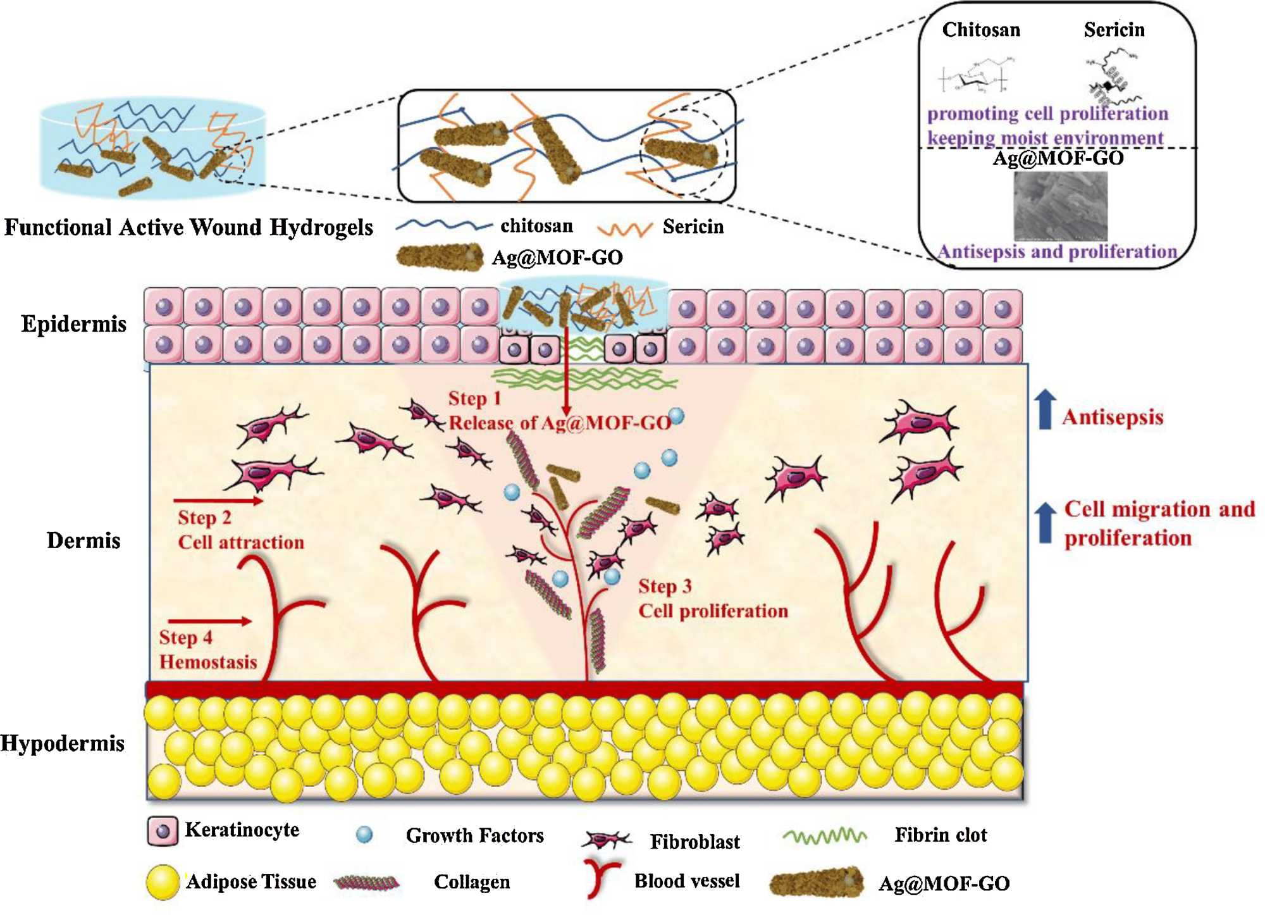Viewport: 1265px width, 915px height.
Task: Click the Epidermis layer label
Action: (74, 324)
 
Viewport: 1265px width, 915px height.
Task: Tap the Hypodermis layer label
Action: (63, 743)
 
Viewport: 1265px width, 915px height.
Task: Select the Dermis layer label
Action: (83, 540)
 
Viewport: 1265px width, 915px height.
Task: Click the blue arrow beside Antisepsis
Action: (1046, 409)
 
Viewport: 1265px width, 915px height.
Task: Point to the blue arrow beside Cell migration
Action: (1046, 523)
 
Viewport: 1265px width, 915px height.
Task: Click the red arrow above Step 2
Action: (218, 501)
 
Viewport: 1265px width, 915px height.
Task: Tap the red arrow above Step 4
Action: (210, 621)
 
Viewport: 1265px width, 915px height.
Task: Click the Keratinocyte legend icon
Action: (163, 831)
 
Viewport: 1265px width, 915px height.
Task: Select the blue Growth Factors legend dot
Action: (364, 835)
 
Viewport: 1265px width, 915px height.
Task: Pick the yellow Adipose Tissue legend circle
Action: (163, 882)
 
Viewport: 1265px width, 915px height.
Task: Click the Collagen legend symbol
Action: (367, 882)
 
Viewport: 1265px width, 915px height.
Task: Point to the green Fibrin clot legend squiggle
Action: (824, 837)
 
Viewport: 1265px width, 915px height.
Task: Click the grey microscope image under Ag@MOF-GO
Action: (1060, 206)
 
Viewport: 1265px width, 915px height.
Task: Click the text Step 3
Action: (665, 587)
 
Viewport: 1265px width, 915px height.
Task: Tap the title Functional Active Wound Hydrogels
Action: (188, 227)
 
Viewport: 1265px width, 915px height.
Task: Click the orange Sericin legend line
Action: (624, 228)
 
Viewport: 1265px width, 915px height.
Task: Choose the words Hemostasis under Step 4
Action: (208, 663)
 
